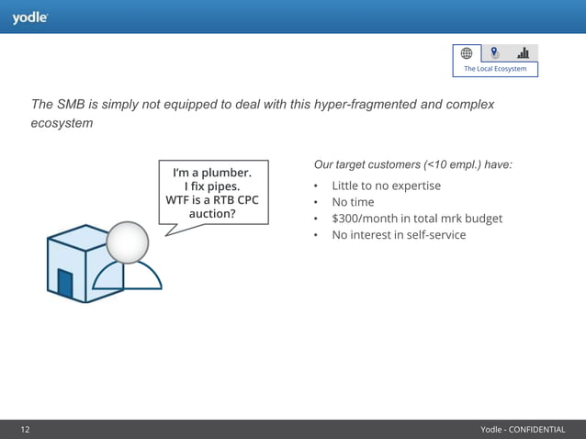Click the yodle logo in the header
point(29,17)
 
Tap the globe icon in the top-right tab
point(467,53)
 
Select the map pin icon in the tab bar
point(495,53)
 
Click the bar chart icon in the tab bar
point(523,53)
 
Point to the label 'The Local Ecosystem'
point(495,69)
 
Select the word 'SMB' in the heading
point(76,105)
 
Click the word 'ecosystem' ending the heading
point(62,123)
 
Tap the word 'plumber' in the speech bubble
point(230,172)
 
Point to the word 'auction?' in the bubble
point(212,213)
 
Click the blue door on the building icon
point(65,283)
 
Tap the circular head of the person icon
point(128,242)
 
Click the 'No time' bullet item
point(353,202)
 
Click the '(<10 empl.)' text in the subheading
point(456,164)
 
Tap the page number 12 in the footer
point(26,430)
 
